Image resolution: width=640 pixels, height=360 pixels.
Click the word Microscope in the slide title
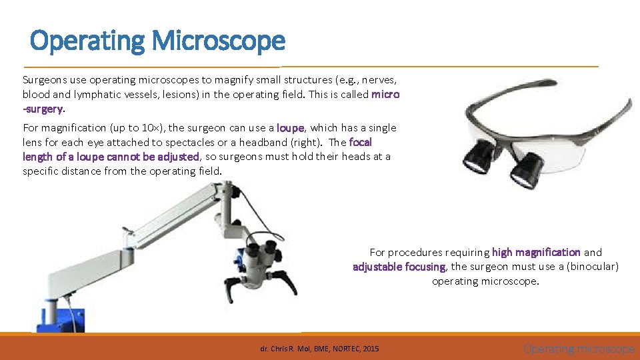coord(218,41)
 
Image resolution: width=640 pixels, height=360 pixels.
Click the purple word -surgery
coord(43,109)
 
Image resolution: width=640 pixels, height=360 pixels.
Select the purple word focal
coord(360,142)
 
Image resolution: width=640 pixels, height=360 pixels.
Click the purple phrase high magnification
coord(536,252)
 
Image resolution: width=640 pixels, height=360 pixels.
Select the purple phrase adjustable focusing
coord(399,267)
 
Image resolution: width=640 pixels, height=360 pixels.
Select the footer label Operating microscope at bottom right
coord(578,349)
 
